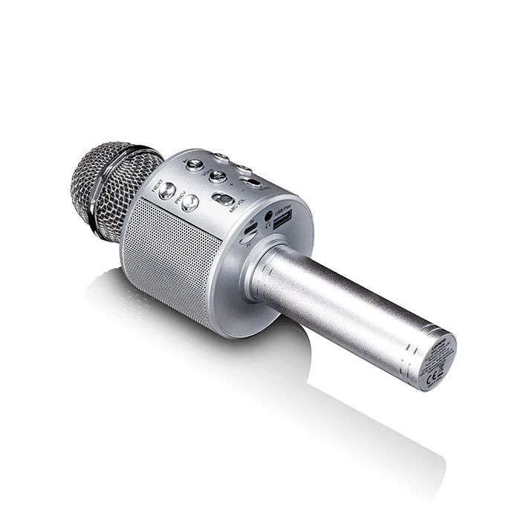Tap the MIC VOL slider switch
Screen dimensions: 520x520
pyautogui.click(x=221, y=199)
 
